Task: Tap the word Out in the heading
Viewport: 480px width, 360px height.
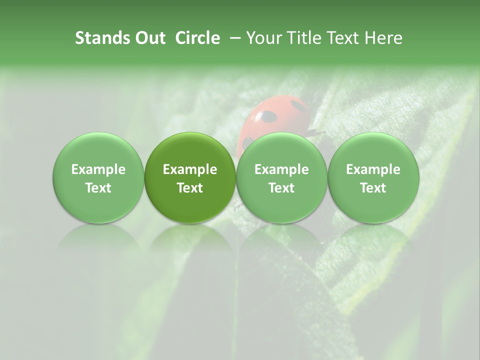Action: point(149,38)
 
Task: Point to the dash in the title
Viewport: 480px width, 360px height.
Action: point(233,38)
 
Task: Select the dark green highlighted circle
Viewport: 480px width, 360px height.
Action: point(189,177)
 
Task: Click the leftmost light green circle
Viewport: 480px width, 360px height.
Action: point(98,177)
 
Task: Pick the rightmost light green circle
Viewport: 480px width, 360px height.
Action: point(373,177)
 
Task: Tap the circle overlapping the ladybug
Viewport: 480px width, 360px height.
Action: point(281,177)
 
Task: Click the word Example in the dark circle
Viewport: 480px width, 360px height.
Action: point(189,169)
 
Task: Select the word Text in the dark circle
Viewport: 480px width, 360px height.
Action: point(189,188)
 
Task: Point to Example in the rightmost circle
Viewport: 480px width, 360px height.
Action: point(373,169)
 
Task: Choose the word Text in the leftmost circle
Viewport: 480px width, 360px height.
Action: point(98,188)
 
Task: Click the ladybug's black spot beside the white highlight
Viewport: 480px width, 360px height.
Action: point(269,117)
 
